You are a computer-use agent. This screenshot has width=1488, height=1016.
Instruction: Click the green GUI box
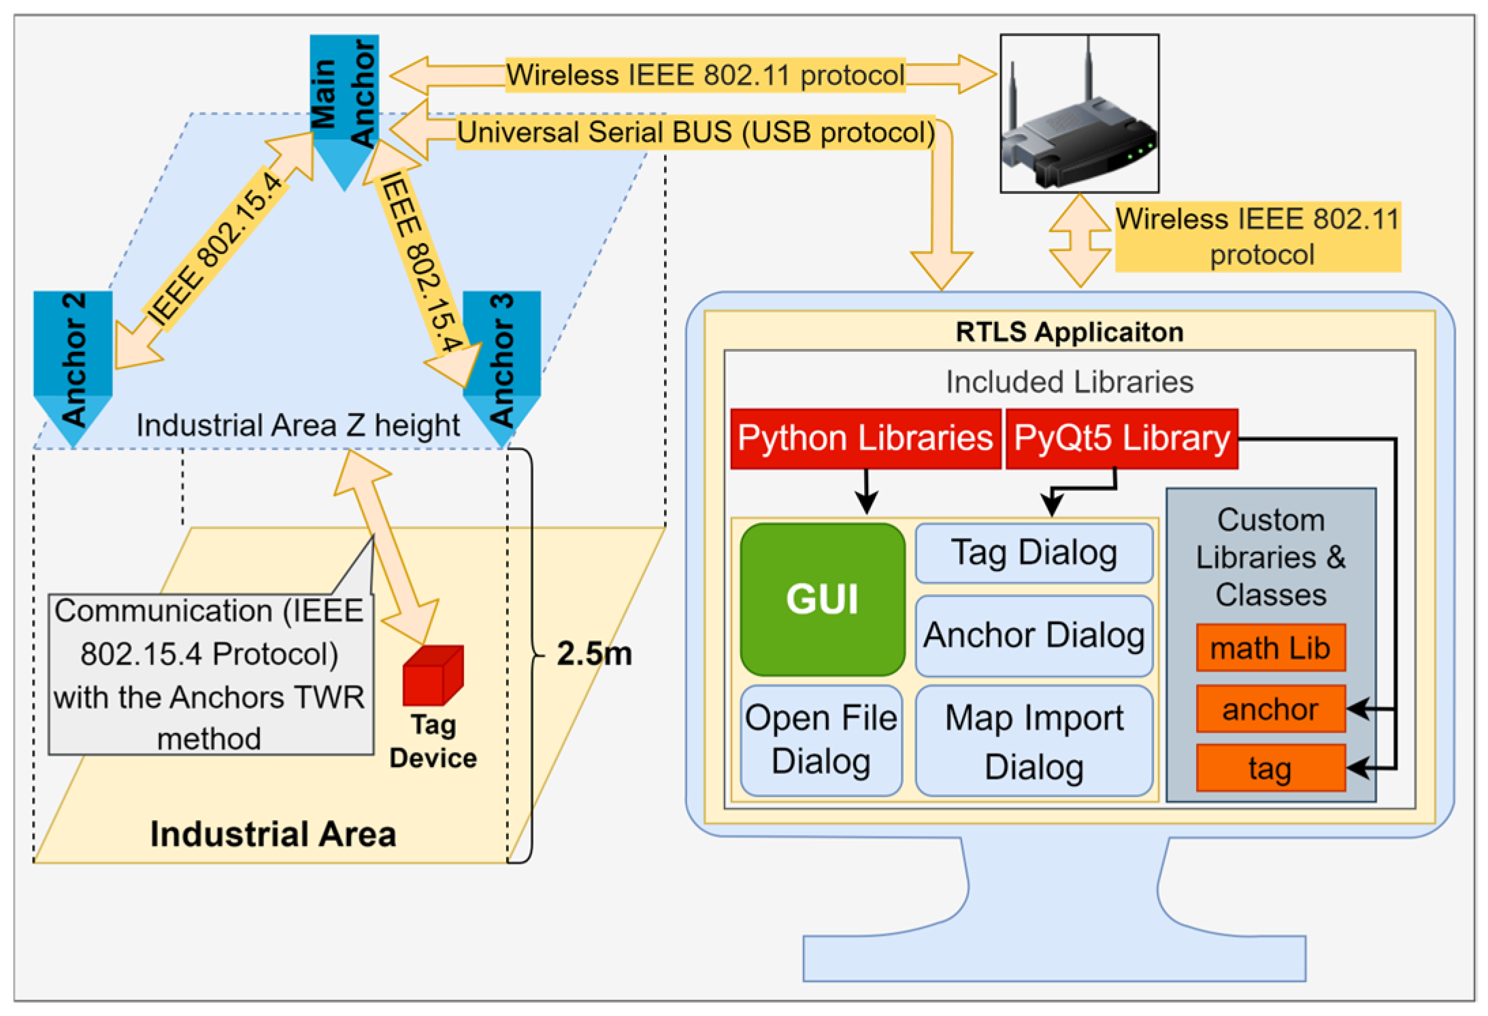coord(822,599)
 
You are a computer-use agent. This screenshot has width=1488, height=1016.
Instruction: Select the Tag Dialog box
coord(1034,553)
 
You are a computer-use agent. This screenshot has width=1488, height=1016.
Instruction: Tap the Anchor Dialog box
coord(1034,636)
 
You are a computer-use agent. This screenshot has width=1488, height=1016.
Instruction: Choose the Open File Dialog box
coord(821,740)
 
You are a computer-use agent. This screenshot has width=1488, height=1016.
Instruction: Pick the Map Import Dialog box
coord(1034,741)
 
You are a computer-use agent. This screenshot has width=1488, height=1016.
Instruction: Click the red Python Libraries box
coord(865,438)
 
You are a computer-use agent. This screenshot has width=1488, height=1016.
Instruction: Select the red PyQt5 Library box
coord(1121,438)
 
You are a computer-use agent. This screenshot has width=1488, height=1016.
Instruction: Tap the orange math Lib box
coord(1270,648)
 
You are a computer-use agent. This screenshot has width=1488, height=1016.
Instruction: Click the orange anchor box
coord(1270,709)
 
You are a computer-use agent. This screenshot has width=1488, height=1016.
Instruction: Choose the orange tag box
coord(1270,768)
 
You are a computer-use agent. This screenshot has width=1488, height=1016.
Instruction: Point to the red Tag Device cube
coord(433,676)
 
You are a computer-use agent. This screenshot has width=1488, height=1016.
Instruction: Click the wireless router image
coord(1079,114)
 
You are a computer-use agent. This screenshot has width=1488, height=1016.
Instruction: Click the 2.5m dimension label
coord(594,654)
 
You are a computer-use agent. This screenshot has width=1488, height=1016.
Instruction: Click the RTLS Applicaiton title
coord(1069,332)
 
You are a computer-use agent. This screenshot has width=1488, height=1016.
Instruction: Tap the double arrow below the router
coord(1079,240)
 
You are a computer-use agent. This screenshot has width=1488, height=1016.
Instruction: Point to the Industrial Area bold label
coord(273,834)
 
